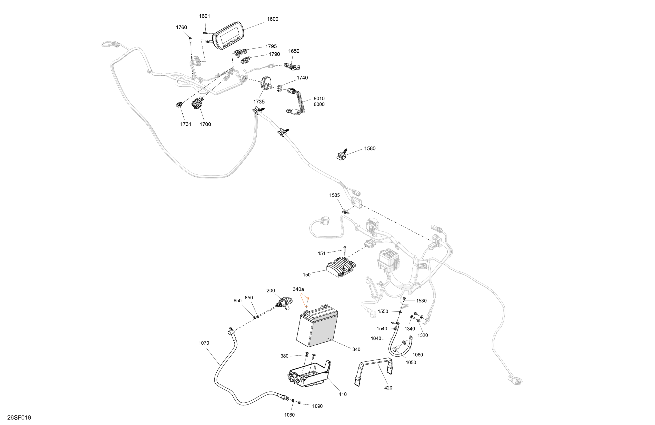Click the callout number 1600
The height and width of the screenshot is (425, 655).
(x=273, y=19)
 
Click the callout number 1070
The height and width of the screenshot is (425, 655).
(x=204, y=343)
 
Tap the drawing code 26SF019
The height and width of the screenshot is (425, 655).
(x=19, y=417)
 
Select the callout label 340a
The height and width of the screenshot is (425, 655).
(x=298, y=289)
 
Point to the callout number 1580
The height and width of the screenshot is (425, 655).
(x=370, y=148)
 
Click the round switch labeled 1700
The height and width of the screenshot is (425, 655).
(x=197, y=104)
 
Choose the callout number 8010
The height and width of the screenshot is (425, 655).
(x=319, y=98)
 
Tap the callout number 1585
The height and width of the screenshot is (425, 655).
(x=334, y=195)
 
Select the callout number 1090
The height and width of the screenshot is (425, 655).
(x=317, y=406)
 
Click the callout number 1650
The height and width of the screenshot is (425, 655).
(x=294, y=51)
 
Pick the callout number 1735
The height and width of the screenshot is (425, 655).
(x=259, y=102)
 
